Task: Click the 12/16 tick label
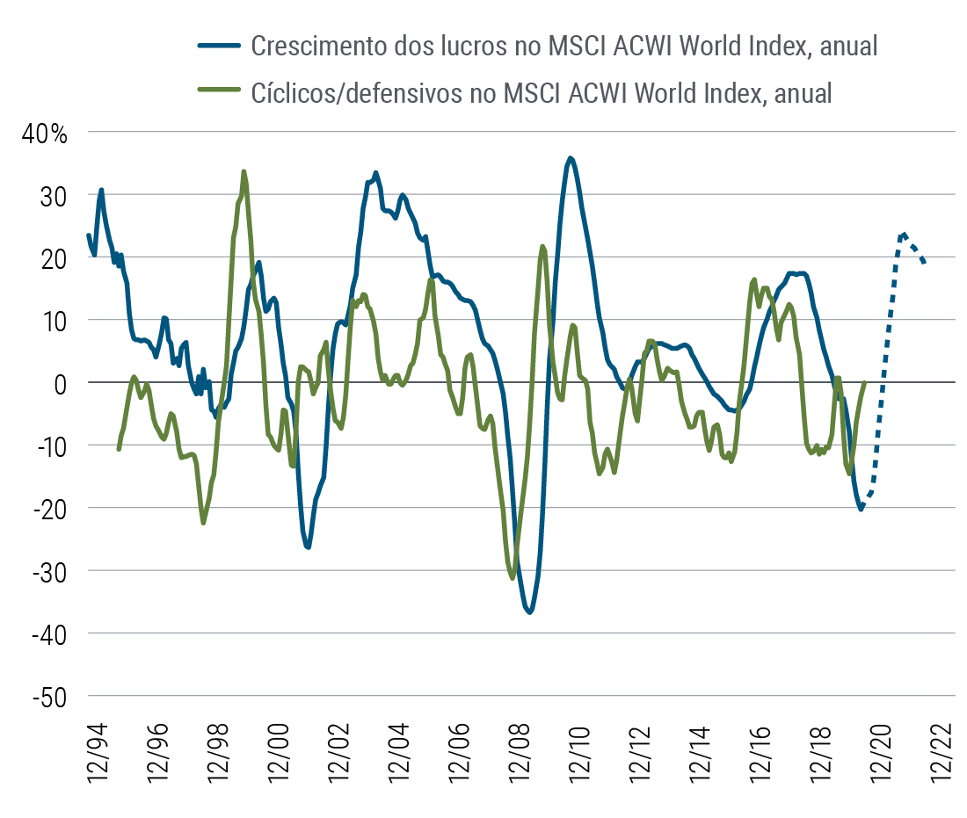(764, 753)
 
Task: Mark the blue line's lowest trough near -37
(529, 612)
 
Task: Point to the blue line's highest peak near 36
(571, 158)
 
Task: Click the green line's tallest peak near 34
(244, 171)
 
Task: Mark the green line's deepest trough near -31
(513, 577)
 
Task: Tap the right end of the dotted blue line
(924, 263)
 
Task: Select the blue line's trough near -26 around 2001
(308, 547)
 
